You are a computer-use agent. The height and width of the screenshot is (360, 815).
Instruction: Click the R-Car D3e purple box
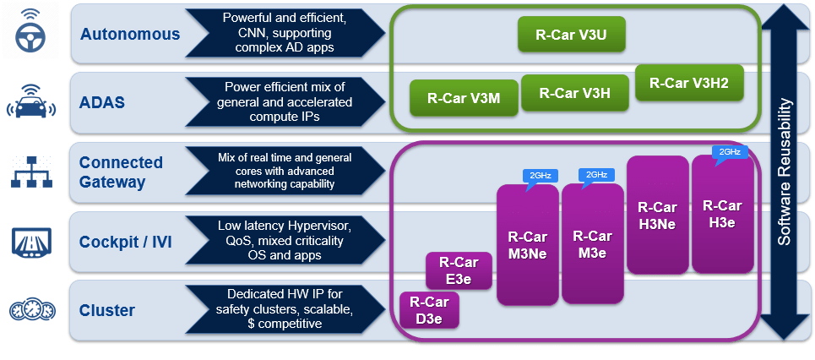point(428,309)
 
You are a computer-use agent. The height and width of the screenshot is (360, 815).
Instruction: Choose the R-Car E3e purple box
point(459,271)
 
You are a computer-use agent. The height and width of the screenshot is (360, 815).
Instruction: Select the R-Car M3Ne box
point(528,244)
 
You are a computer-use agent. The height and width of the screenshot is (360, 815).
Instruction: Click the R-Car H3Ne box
point(657,215)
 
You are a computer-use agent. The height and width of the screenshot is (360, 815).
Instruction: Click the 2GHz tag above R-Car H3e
point(730,152)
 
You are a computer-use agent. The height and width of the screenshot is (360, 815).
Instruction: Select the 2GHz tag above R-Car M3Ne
point(540,176)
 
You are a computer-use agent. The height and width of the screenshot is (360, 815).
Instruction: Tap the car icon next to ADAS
point(31,101)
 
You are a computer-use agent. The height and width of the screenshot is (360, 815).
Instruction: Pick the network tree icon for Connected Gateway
point(31,172)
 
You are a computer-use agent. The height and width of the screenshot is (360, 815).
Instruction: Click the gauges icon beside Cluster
point(31,311)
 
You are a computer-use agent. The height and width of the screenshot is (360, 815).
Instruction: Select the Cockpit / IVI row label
point(125,241)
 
